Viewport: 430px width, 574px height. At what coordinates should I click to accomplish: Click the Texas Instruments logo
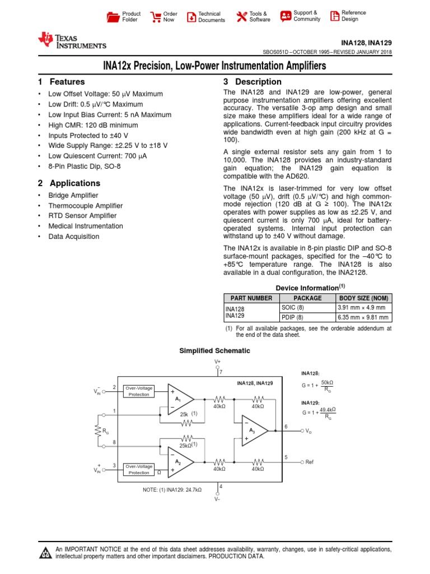click(x=71, y=41)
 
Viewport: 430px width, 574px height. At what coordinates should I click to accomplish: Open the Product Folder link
click(x=124, y=17)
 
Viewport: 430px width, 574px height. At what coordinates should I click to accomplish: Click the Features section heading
click(x=62, y=82)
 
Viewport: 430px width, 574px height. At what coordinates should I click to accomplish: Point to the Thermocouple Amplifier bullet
click(x=82, y=206)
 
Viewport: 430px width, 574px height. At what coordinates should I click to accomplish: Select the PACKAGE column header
click(x=307, y=298)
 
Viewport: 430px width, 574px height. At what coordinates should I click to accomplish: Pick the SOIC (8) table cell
click(x=292, y=308)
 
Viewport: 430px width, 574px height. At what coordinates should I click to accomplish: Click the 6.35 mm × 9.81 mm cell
click(x=362, y=317)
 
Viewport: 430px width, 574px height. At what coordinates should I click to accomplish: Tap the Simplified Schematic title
click(x=214, y=351)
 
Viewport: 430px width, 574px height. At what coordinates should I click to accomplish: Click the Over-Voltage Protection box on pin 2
click(x=139, y=391)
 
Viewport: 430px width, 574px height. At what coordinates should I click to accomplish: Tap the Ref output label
click(x=310, y=462)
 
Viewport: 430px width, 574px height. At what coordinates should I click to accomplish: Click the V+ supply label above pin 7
click(x=218, y=362)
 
